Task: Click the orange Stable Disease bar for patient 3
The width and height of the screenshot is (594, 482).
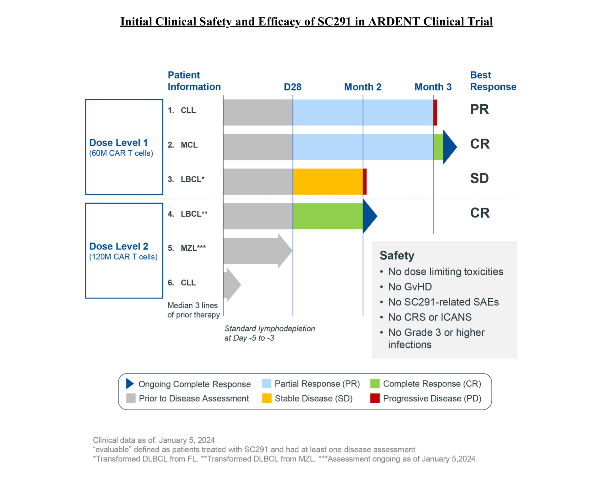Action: click(x=327, y=181)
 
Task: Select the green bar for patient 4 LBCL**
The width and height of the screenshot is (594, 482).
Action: click(x=327, y=216)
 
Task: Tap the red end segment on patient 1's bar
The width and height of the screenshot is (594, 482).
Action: click(x=435, y=112)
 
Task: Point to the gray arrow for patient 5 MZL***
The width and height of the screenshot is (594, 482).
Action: click(x=257, y=250)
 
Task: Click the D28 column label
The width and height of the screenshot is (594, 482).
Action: click(x=292, y=87)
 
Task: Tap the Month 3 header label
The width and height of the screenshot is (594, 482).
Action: click(x=433, y=87)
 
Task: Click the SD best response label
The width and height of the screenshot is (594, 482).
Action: click(x=479, y=178)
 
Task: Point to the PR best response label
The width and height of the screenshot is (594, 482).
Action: click(x=479, y=109)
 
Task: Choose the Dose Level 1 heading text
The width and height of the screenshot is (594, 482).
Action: click(x=118, y=143)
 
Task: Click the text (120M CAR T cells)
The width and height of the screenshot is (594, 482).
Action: click(x=123, y=257)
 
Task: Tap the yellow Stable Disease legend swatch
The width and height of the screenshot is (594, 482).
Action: click(x=266, y=398)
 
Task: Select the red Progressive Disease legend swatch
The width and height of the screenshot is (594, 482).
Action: click(x=375, y=398)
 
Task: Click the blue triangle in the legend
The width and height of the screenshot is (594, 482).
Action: click(x=130, y=383)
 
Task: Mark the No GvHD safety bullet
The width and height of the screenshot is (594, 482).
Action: click(x=410, y=287)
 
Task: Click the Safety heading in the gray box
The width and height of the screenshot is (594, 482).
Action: click(x=397, y=255)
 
